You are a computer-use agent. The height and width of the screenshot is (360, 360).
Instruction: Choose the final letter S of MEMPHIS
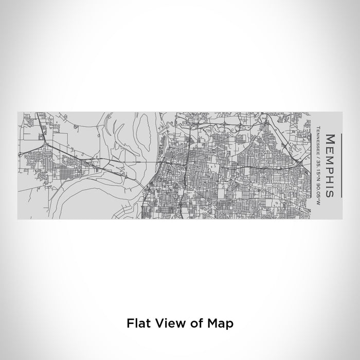(x=329, y=193)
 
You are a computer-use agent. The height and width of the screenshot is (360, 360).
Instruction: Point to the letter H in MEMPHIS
(x=329, y=178)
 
